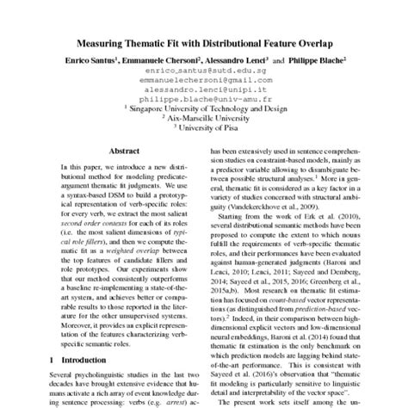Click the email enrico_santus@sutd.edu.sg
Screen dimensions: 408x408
[x=204, y=73]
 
